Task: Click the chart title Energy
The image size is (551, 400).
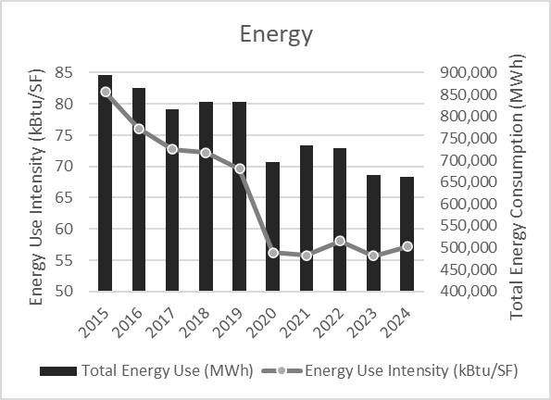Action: click(x=276, y=35)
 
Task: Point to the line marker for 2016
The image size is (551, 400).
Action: click(x=139, y=129)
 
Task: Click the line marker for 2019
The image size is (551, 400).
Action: click(x=239, y=169)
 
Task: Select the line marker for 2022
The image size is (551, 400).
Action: click(x=339, y=241)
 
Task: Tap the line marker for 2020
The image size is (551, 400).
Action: click(x=272, y=253)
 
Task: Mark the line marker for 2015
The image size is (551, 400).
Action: click(x=106, y=92)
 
